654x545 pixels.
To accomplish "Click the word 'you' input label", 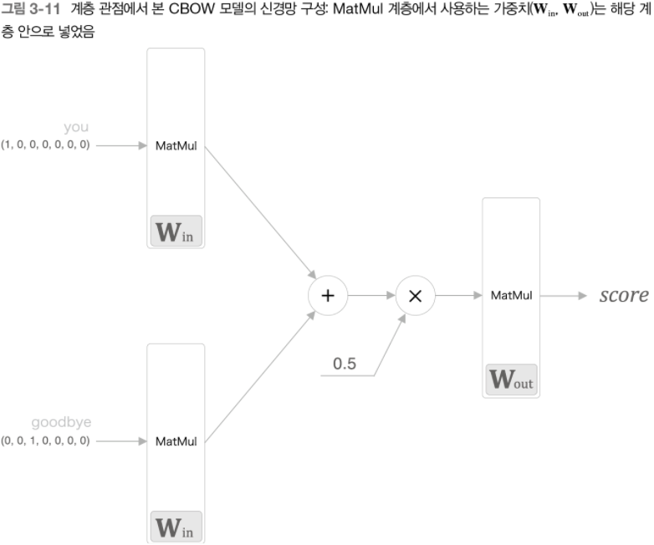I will (x=76, y=127).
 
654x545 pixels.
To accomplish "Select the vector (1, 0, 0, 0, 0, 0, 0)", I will (x=45, y=145).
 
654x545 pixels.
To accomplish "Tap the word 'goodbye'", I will (x=60, y=423).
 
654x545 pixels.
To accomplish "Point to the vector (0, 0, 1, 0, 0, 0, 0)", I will (x=45, y=441).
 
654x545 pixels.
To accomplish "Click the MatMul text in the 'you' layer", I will (x=176, y=145).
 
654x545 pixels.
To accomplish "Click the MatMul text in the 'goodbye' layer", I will (x=176, y=441).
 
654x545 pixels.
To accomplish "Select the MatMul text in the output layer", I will (x=512, y=295).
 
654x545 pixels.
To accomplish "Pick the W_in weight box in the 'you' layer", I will (x=176, y=232).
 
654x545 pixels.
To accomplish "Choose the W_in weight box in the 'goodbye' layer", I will (x=176, y=527).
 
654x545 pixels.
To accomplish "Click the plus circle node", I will (x=328, y=295).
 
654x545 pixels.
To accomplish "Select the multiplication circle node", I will (x=415, y=295).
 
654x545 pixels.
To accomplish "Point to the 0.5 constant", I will (x=345, y=364).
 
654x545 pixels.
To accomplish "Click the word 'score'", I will (x=623, y=295).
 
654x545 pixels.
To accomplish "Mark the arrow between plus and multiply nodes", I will (x=371, y=295).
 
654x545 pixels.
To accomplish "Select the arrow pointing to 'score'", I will (x=569, y=295).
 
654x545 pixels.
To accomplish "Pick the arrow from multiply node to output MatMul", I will (x=458, y=295).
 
